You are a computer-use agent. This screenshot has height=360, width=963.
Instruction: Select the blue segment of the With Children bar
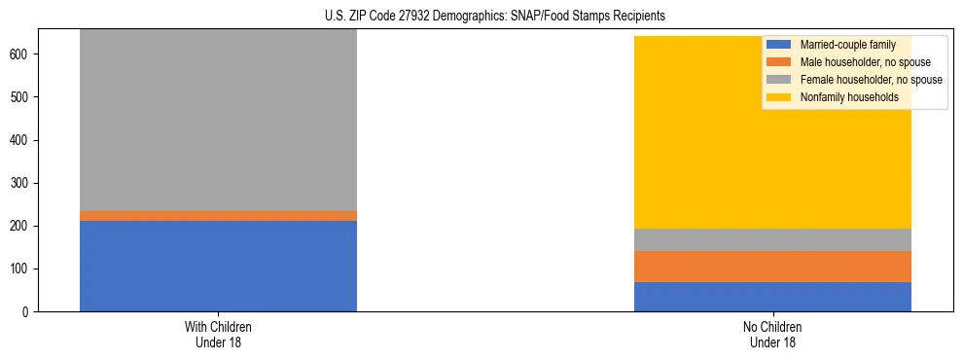pyautogui.click(x=218, y=266)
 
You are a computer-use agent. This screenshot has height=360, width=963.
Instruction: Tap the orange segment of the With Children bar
pyautogui.click(x=218, y=216)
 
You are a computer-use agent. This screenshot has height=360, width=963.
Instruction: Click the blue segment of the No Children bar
pyautogui.click(x=772, y=297)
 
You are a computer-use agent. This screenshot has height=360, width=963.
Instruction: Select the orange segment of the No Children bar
pyautogui.click(x=772, y=267)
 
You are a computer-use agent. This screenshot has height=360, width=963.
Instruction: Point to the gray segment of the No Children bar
pyautogui.click(x=772, y=240)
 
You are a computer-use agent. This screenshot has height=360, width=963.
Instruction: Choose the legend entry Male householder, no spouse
pyautogui.click(x=852, y=62)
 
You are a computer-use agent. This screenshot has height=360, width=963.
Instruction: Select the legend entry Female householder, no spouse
pyautogui.click(x=857, y=80)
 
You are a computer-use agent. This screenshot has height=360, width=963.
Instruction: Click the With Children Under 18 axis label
pyautogui.click(x=218, y=334)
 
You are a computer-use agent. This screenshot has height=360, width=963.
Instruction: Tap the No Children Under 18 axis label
pyautogui.click(x=772, y=334)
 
